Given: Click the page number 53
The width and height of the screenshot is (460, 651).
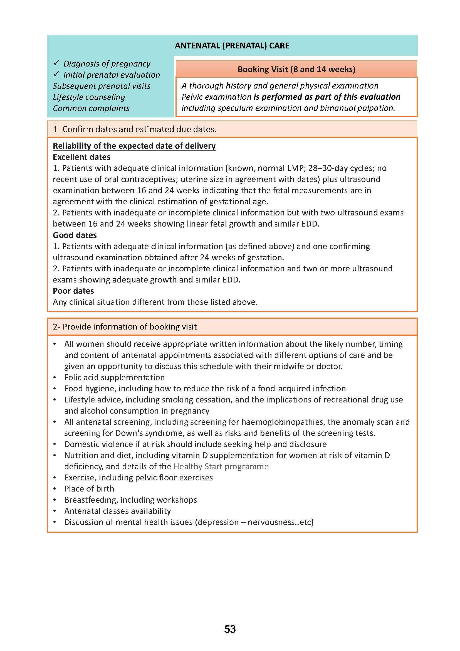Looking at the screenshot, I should click(230, 629).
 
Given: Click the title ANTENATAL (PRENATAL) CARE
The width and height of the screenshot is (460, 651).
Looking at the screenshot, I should click(232, 46).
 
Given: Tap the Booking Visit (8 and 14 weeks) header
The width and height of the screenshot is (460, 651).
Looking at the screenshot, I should click(296, 69).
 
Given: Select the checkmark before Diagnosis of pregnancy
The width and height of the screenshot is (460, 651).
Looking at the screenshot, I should click(56, 63).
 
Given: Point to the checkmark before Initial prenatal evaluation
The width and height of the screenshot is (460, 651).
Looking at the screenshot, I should click(56, 74).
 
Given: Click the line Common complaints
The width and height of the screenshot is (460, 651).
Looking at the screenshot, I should click(91, 108).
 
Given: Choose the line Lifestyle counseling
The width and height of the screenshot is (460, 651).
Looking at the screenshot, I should click(89, 97).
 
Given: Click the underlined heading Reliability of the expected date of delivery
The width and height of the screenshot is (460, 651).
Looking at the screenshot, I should click(134, 146).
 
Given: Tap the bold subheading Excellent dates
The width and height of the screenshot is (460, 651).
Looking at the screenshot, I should click(81, 157).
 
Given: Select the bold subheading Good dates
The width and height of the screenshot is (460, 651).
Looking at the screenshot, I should click(75, 235).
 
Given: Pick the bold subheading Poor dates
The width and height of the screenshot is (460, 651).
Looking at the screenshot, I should click(73, 291).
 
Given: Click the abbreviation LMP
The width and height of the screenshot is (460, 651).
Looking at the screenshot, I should click(295, 168).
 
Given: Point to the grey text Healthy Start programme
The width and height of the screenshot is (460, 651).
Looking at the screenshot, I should click(221, 466).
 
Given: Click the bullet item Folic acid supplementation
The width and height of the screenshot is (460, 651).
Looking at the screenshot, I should click(114, 377).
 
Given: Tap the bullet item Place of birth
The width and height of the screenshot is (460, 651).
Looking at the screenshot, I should click(89, 488).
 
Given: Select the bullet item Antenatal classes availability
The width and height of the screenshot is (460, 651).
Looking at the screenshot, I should click(118, 511).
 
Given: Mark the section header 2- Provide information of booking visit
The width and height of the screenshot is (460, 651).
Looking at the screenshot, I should click(125, 327).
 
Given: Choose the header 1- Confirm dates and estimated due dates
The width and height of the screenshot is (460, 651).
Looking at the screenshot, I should click(135, 129).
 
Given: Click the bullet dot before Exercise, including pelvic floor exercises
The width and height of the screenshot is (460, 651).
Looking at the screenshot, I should click(55, 478).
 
